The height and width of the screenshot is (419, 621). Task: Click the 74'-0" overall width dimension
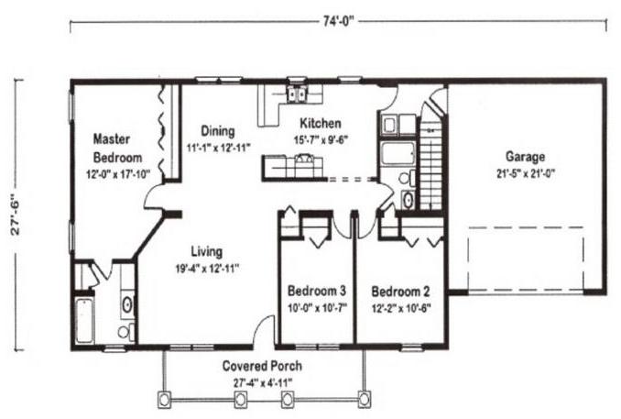click(x=338, y=21)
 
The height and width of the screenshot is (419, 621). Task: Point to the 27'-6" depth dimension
click(x=16, y=215)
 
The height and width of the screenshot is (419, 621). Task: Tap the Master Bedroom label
click(x=117, y=149)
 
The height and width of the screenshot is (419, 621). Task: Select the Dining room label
click(x=218, y=131)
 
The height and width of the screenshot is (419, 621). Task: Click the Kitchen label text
click(x=320, y=123)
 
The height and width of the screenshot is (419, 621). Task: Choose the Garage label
click(x=525, y=157)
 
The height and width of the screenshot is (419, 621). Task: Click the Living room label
click(x=207, y=251)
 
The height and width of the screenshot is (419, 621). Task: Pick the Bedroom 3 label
click(x=317, y=291)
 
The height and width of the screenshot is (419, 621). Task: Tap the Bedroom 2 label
click(x=400, y=292)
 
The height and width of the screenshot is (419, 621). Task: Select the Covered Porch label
click(x=262, y=366)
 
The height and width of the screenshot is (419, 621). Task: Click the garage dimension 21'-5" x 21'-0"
click(x=526, y=173)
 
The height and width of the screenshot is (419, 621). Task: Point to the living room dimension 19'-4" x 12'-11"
click(x=207, y=269)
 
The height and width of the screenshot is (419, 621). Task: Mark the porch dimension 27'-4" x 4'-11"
click(x=263, y=383)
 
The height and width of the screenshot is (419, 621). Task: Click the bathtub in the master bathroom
click(x=84, y=321)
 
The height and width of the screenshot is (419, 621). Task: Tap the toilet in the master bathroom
click(x=126, y=331)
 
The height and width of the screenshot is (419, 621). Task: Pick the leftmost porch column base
click(x=164, y=399)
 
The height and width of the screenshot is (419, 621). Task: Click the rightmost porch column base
click(x=364, y=399)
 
